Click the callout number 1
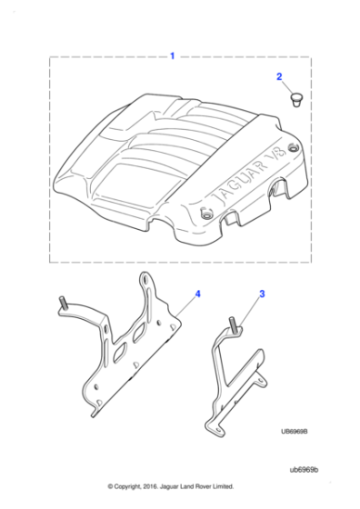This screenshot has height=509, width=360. click(x=173, y=56)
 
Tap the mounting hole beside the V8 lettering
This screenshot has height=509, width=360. click(x=292, y=148)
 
